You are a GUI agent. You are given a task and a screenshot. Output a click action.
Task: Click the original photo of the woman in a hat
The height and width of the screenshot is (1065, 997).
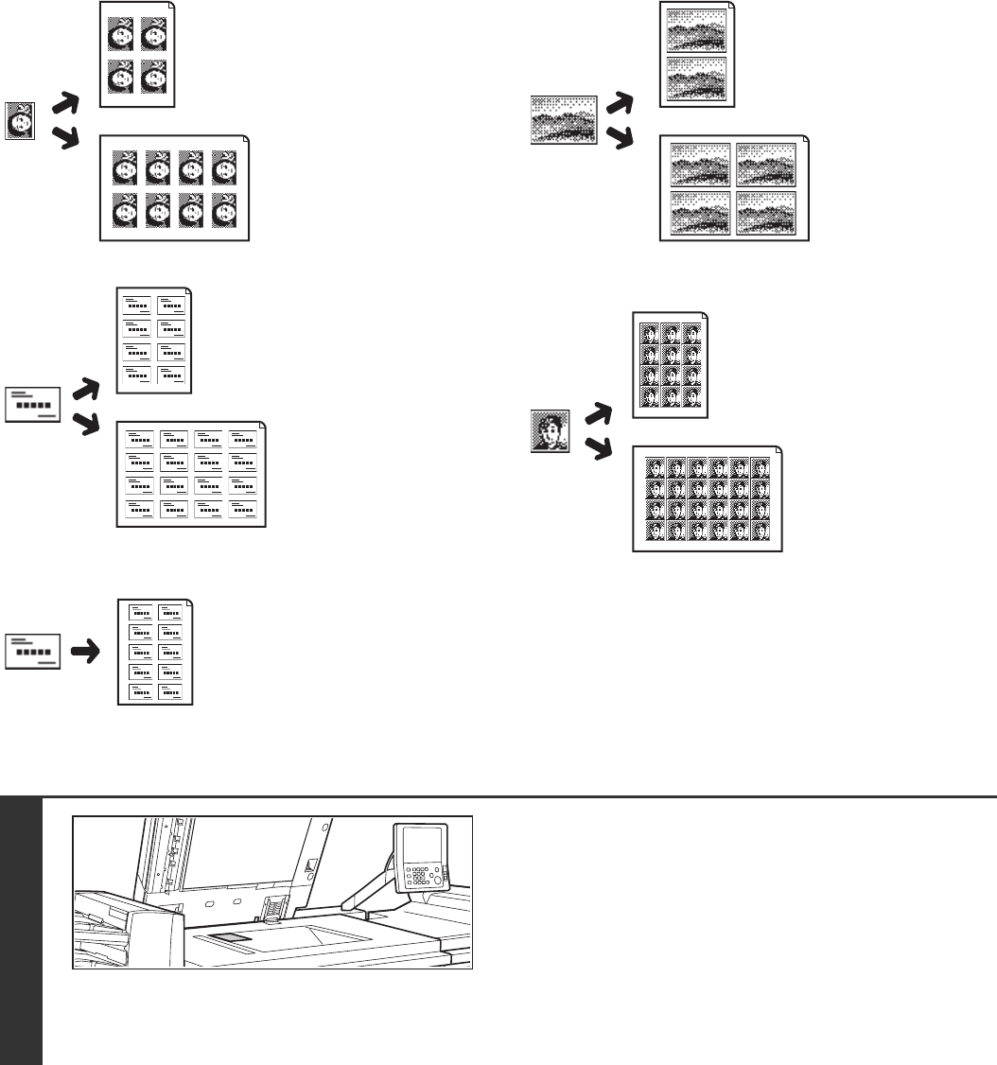pos(20,122)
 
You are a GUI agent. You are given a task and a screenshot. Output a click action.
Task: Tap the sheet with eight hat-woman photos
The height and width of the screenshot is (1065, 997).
pos(174,187)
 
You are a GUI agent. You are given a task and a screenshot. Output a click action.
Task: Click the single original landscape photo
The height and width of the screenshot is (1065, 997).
pos(564,119)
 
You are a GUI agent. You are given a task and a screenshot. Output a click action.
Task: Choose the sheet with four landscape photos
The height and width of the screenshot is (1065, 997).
pos(734,188)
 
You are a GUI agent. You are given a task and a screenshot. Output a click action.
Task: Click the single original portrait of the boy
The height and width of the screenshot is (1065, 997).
pos(550,431)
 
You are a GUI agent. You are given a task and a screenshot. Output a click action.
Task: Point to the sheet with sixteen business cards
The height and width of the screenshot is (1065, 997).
pos(192,473)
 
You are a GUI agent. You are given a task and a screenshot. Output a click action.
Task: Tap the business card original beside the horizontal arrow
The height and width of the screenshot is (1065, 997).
pos(33,653)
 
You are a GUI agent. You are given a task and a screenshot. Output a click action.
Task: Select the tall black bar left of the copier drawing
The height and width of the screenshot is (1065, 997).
pos(21,931)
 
